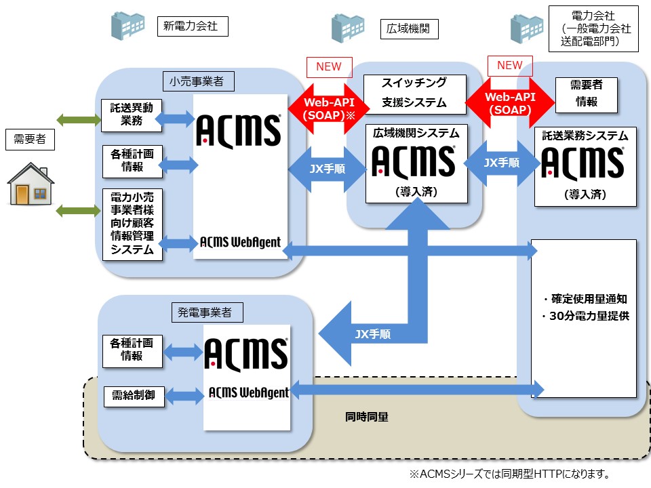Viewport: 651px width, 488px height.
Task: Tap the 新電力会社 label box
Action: (193, 26)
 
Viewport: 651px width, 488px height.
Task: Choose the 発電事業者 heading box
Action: (205, 312)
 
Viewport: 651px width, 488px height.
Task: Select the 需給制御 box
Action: (133, 396)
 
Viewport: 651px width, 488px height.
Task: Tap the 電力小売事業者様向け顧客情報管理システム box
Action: (132, 224)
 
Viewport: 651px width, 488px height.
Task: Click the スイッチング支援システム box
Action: (415, 93)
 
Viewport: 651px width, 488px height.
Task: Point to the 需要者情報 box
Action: (586, 94)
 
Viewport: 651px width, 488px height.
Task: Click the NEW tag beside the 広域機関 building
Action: (329, 66)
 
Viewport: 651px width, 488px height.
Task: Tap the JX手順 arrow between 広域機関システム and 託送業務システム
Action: (502, 163)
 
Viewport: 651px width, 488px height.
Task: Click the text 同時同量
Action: (366, 417)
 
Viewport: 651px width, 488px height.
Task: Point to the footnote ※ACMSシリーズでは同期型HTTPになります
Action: (509, 473)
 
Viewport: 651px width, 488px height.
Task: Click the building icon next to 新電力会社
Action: (127, 24)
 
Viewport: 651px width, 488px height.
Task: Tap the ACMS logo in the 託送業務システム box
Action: (584, 163)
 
